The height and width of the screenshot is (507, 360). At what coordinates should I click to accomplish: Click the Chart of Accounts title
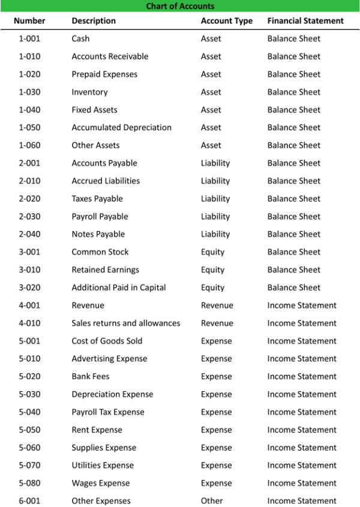(180, 7)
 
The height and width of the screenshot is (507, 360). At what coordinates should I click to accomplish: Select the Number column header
(29, 21)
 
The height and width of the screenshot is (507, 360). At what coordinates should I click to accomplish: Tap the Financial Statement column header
(305, 21)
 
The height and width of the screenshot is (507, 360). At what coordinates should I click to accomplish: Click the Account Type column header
(227, 21)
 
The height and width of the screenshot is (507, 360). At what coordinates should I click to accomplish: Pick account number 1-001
(29, 38)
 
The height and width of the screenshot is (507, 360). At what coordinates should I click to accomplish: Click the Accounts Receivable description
(110, 56)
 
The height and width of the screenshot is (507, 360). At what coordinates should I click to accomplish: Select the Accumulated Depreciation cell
(121, 127)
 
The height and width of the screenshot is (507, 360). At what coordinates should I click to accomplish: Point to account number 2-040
(29, 234)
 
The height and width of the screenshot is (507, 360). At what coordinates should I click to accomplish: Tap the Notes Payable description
(98, 234)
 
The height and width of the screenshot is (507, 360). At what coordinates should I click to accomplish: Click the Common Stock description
(100, 252)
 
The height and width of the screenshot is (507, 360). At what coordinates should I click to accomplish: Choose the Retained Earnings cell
(105, 270)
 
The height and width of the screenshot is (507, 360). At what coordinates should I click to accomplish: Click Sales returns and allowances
(125, 323)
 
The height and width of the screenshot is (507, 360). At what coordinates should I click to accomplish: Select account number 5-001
(29, 341)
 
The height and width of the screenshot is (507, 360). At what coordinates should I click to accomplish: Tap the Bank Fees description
(91, 376)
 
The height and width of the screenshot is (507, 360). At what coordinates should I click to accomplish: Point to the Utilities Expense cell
(103, 465)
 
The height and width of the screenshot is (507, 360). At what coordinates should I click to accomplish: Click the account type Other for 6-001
(212, 500)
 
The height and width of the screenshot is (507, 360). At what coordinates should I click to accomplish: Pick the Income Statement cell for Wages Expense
(302, 483)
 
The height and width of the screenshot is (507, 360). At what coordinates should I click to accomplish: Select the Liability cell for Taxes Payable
(215, 199)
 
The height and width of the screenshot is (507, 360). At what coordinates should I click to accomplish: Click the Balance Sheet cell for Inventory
(294, 92)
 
